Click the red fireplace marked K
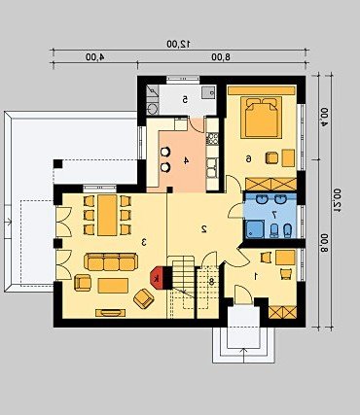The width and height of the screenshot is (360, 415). pyautogui.click(x=157, y=278)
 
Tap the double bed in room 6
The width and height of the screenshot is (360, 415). pyautogui.click(x=262, y=118)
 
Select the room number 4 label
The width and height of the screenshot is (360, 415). pyautogui.click(x=186, y=160)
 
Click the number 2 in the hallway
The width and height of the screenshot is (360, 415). pyautogui.click(x=204, y=229)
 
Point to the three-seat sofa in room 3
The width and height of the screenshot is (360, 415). pyautogui.click(x=111, y=261)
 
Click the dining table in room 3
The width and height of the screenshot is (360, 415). pyautogui.click(x=107, y=215)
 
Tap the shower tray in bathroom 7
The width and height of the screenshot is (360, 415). pyautogui.click(x=254, y=229)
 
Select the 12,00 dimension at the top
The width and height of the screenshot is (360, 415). pyautogui.click(x=178, y=44)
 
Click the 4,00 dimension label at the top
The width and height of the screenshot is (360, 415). pyautogui.click(x=95, y=57)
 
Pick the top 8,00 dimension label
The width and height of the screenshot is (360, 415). pyautogui.click(x=221, y=57)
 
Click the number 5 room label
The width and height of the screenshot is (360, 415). pyautogui.click(x=185, y=99)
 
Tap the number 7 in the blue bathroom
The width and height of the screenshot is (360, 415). pyautogui.click(x=274, y=214)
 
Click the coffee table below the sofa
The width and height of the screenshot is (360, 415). pyautogui.click(x=113, y=286)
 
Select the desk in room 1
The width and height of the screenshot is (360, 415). pyautogui.click(x=285, y=258)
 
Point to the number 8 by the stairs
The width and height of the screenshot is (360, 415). pyautogui.click(x=211, y=281)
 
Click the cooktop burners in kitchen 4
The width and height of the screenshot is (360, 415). pyautogui.click(x=212, y=139)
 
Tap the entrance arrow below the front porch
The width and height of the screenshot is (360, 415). pyautogui.click(x=243, y=354)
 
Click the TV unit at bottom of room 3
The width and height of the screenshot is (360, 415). pyautogui.click(x=111, y=313)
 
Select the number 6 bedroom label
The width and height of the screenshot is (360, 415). pyautogui.click(x=248, y=158)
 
